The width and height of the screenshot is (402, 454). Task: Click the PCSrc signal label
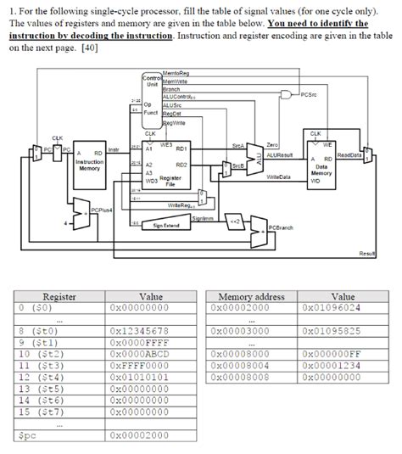tap(311, 95)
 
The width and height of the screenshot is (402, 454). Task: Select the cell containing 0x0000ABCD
tap(139, 353)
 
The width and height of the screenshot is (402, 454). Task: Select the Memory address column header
tap(252, 297)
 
